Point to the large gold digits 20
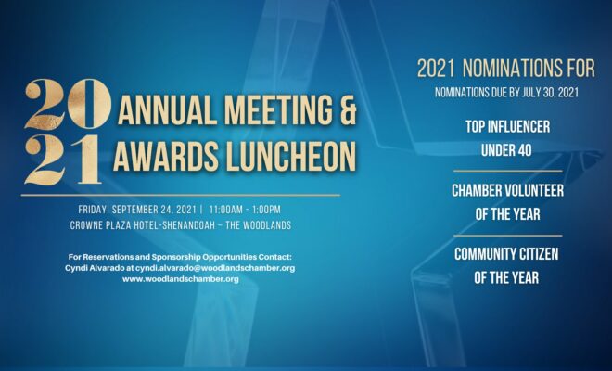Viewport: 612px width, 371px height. pyautogui.click(x=68, y=104)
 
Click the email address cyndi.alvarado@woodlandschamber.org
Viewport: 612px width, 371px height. pyautogui.click(x=215, y=268)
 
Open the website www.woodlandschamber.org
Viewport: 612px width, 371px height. pyautogui.click(x=180, y=279)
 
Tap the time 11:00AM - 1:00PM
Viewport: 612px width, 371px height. pyautogui.click(x=245, y=210)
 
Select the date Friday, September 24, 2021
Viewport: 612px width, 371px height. pyautogui.click(x=137, y=210)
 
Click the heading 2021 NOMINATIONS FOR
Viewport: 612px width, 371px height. pyautogui.click(x=506, y=69)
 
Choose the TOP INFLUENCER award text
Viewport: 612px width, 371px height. pyautogui.click(x=508, y=127)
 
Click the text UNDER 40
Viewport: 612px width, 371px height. pyautogui.click(x=506, y=150)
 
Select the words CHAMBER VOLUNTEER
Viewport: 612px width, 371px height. pyautogui.click(x=508, y=190)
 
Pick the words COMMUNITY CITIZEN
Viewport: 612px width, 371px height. pyautogui.click(x=506, y=254)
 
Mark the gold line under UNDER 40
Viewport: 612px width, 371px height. pyautogui.click(x=508, y=171)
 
